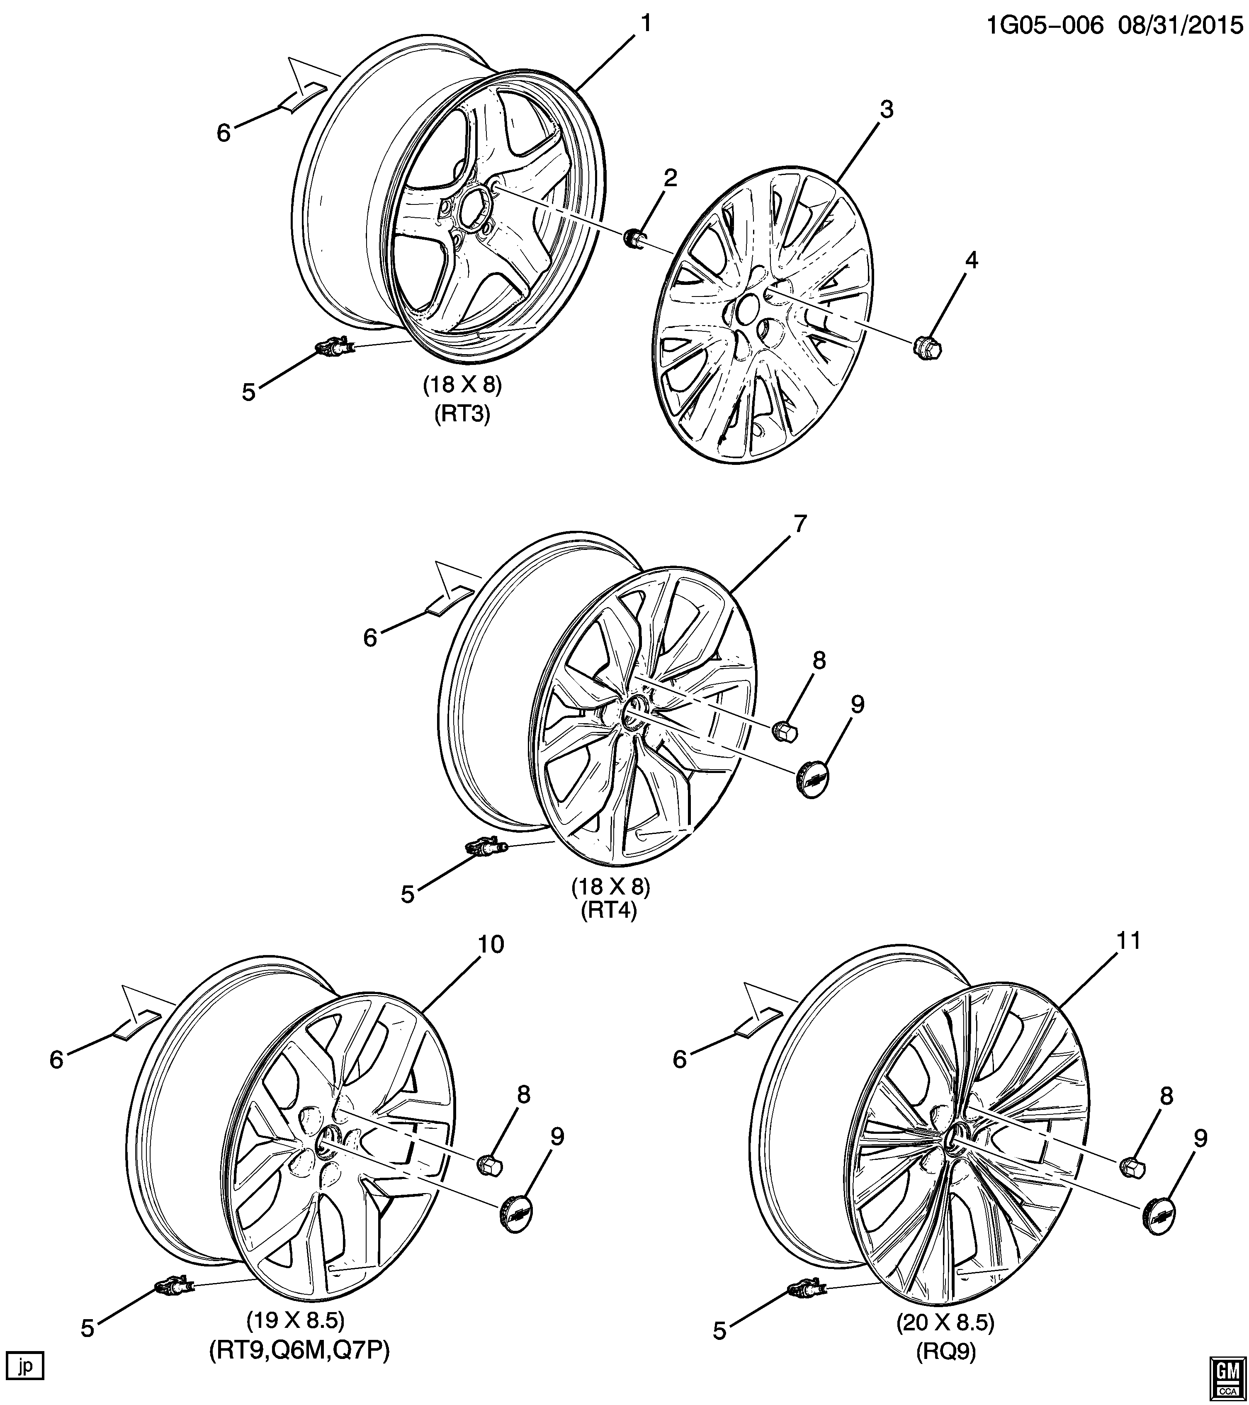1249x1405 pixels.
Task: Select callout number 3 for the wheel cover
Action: pyautogui.click(x=887, y=109)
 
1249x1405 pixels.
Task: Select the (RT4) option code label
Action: pyautogui.click(x=609, y=910)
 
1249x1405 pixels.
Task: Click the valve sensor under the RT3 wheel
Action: pyautogui.click(x=335, y=347)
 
